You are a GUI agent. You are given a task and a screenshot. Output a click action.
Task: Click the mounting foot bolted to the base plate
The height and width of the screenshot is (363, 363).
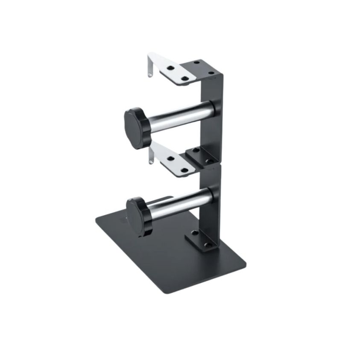[201, 239]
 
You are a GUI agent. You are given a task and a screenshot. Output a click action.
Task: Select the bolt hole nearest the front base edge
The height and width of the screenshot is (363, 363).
[208, 245]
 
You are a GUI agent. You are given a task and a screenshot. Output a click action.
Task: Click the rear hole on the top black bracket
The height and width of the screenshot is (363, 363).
[197, 63]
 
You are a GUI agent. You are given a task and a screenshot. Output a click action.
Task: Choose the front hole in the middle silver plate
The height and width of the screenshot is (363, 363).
[184, 170]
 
